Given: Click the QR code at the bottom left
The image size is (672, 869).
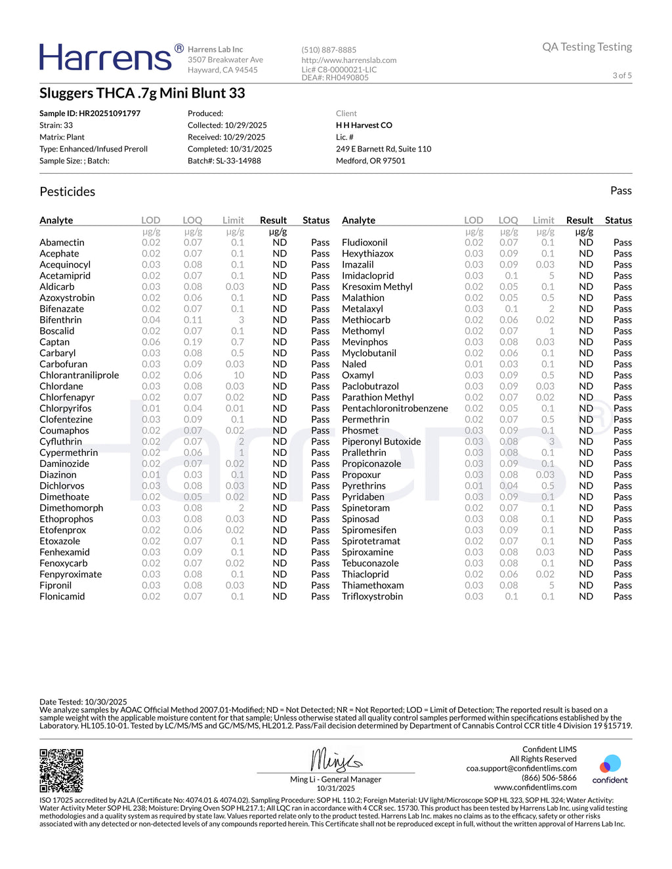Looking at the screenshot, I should click(x=61, y=770).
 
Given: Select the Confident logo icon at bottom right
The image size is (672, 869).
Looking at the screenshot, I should click(x=610, y=765).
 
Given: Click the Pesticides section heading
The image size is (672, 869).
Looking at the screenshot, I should click(x=68, y=192).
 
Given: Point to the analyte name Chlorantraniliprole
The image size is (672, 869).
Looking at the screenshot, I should click(x=79, y=375).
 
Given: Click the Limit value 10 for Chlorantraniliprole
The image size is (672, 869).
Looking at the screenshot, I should click(x=239, y=375).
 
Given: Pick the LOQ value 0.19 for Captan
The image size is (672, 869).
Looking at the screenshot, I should click(x=193, y=342).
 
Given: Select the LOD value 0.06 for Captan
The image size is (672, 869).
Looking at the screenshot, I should click(x=151, y=342).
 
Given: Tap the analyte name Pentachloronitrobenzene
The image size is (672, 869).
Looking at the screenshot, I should click(x=395, y=408).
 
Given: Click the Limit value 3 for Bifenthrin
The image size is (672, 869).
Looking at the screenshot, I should click(x=241, y=320).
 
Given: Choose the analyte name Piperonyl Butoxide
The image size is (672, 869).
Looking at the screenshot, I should click(x=381, y=441).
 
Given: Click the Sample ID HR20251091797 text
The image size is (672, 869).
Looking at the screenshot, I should click(x=90, y=113).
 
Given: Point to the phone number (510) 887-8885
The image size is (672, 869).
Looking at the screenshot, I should click(x=329, y=50).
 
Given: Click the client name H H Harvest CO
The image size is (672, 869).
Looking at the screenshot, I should click(x=364, y=125).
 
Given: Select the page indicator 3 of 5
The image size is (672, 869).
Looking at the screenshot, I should click(x=622, y=75).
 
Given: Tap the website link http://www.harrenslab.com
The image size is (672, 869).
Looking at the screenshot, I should click(x=349, y=60).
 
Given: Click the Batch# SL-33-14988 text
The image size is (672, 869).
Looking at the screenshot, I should click(x=224, y=161).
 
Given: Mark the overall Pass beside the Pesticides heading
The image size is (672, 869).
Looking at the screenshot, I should click(x=621, y=191).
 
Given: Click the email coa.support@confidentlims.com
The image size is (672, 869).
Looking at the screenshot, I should click(x=522, y=768).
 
